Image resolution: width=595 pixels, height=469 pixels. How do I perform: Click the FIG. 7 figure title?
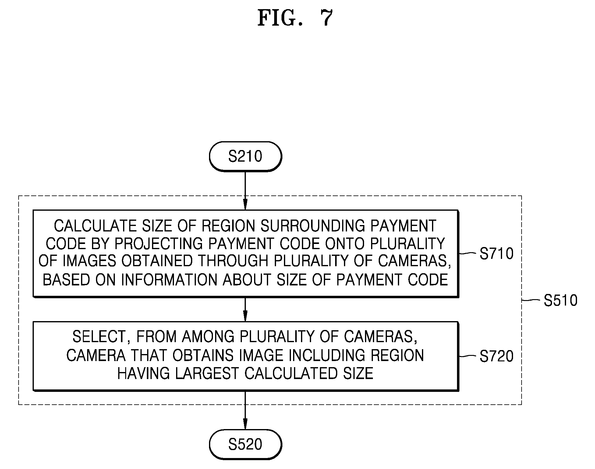click(x=295, y=18)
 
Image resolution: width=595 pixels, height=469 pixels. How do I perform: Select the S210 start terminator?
click(x=245, y=156)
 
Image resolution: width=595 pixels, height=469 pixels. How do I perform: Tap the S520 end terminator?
click(x=245, y=444)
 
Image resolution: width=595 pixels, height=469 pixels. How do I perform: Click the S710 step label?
click(x=497, y=253)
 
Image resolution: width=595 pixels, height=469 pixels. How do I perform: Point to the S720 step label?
click(x=497, y=356)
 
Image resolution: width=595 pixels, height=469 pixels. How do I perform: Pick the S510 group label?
click(x=561, y=300)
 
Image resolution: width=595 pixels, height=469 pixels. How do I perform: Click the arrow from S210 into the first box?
click(x=245, y=190)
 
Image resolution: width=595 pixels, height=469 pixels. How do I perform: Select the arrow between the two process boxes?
click(x=245, y=309)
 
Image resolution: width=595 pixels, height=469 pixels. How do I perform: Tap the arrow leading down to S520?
click(x=245, y=410)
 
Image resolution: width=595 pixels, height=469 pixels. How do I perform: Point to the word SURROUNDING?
click(x=312, y=226)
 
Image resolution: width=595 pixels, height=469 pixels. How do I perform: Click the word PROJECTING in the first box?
click(x=158, y=244)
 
